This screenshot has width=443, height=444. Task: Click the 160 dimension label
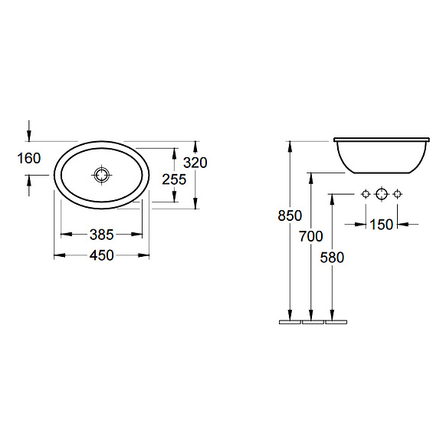coord(29,158)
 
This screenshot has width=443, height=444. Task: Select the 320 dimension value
coord(195,163)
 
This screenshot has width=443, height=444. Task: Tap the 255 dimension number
coord(174,179)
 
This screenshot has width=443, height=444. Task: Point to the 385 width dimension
coord(102,235)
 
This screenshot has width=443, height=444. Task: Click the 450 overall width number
coord(102,255)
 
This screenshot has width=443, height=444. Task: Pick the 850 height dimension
coord(290,215)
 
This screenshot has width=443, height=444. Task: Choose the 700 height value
coord(311,236)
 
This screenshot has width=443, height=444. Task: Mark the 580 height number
coord(332,258)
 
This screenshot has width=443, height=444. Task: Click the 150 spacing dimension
coord(381,225)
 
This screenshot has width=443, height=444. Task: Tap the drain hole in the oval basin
coord(102,176)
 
